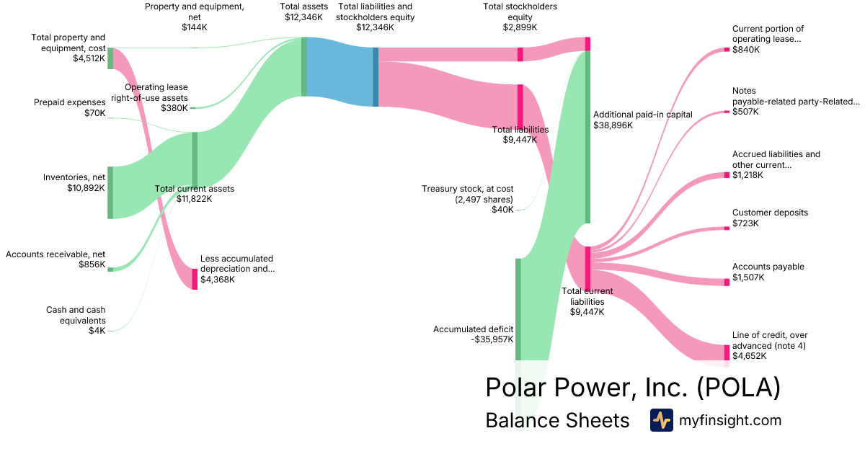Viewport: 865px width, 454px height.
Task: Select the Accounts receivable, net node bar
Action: (110, 269)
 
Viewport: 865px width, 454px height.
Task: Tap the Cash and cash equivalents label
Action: (76, 315)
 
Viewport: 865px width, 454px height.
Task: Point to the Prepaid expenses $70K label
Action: (69, 107)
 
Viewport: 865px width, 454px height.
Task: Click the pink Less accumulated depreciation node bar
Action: (195, 278)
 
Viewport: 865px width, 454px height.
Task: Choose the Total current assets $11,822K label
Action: (195, 193)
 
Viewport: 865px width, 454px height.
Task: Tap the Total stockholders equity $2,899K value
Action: (520, 27)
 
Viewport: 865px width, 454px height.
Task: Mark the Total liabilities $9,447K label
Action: (520, 135)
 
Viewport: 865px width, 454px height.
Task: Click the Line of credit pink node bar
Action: (727, 352)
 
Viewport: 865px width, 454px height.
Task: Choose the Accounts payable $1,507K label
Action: (768, 272)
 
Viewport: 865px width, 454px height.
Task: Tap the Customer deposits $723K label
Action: (770, 218)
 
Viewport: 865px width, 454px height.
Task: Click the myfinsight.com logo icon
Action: (661, 420)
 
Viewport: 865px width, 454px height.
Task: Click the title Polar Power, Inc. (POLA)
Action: (633, 388)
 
